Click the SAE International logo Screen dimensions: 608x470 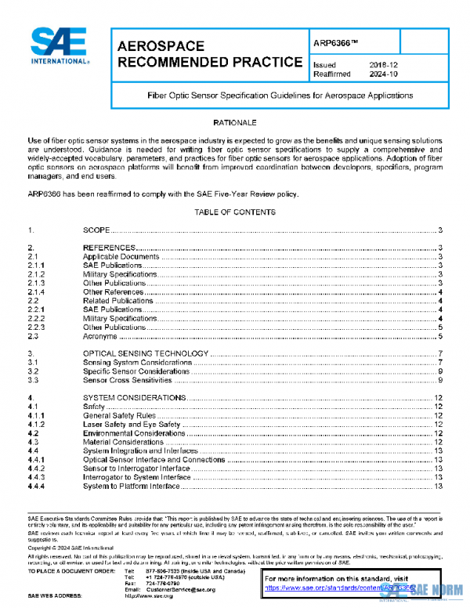tap(60, 46)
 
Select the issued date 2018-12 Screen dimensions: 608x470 tap(384, 65)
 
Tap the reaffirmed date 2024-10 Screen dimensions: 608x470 tap(384, 75)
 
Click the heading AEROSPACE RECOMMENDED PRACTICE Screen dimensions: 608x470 tap(209, 54)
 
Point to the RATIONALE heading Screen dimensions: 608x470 tap(234, 124)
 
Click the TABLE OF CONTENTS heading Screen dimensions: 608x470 tap(234, 212)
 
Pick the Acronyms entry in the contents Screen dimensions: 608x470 tap(100, 336)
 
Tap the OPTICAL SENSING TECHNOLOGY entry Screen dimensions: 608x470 tap(142, 354)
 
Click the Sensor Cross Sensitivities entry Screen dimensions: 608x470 tap(127, 380)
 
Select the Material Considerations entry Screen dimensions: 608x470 tap(123, 442)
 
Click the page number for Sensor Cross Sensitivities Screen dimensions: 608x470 tap(441, 380)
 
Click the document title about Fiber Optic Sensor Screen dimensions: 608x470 tap(280, 96)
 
